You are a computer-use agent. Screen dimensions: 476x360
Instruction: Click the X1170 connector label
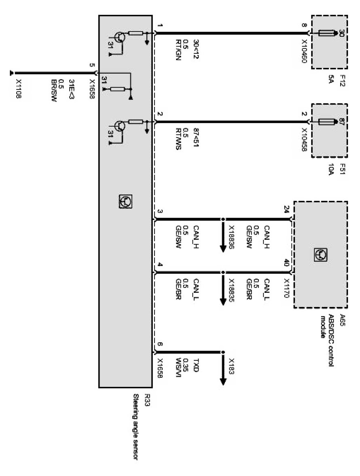[286, 288]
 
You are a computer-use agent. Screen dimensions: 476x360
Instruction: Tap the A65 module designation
[343, 319]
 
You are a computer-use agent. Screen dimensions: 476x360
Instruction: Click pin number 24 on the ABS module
[286, 209]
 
